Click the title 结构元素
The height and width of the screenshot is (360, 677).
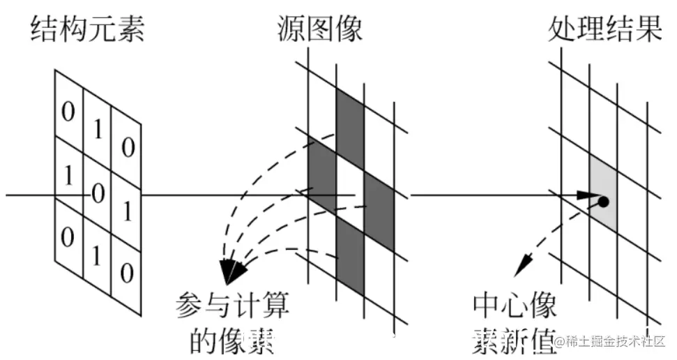pos(87,29)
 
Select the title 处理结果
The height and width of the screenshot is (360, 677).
pos(604,29)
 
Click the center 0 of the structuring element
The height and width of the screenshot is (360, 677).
pos(98,193)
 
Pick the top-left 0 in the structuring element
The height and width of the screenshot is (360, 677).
pos(68,112)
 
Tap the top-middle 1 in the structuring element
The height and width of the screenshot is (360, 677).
pos(98,128)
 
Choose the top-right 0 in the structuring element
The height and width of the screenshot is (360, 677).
pos(127,147)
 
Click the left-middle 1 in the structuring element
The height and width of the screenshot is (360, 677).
pos(68,176)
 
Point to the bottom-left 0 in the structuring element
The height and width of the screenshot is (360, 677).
pos(68,237)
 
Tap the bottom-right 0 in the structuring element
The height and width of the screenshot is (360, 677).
pos(127,273)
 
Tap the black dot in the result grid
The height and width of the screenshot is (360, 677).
pos(603,202)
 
